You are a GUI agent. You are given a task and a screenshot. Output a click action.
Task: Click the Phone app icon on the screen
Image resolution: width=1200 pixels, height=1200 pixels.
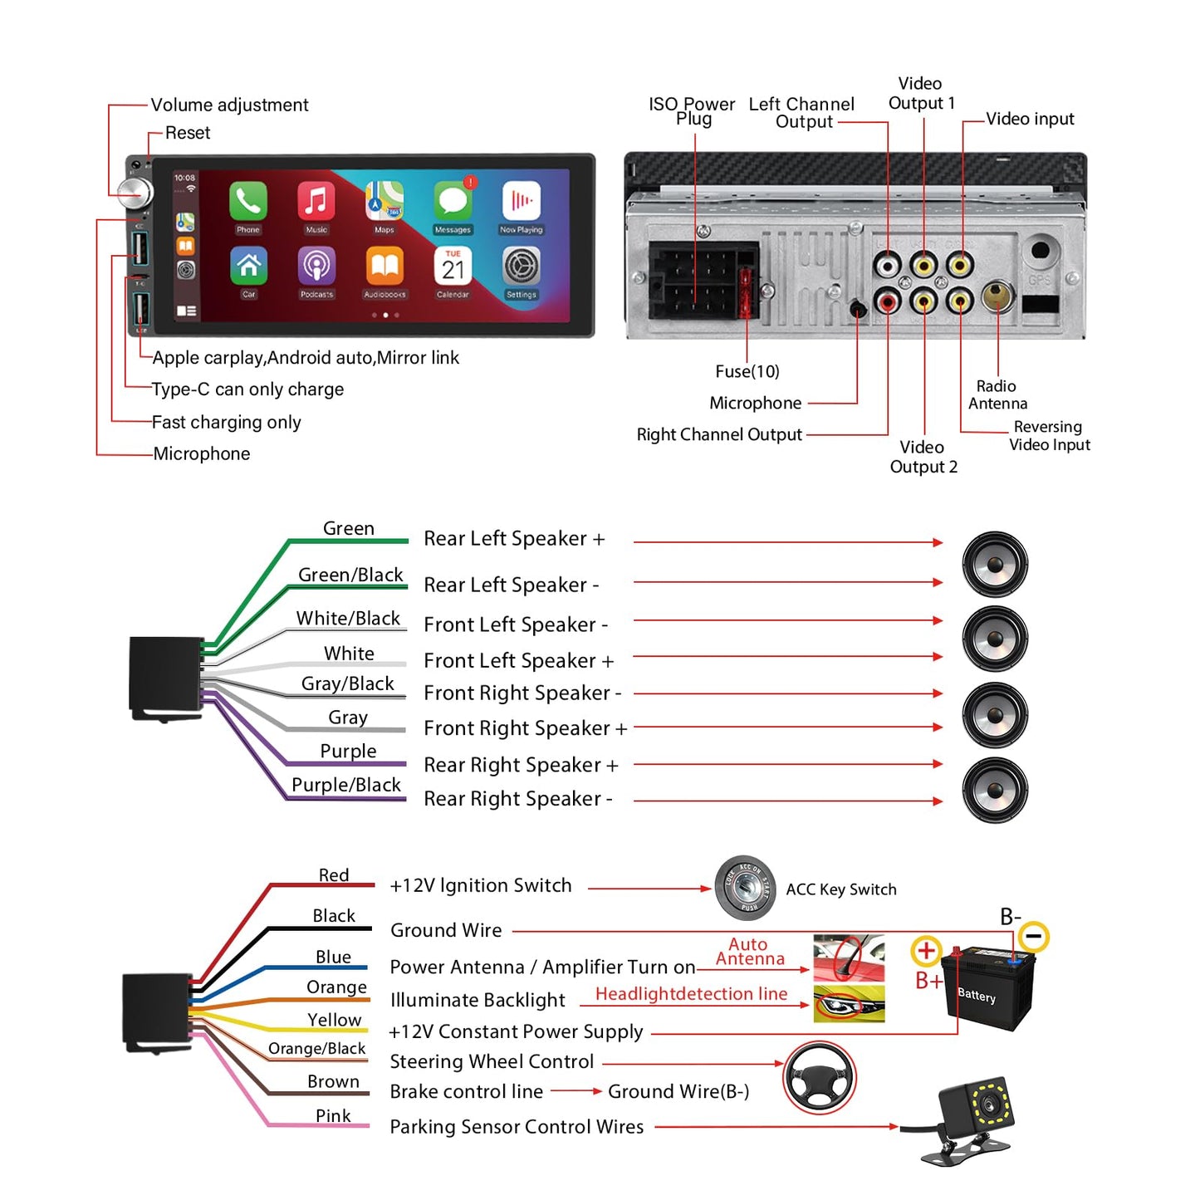point(247,201)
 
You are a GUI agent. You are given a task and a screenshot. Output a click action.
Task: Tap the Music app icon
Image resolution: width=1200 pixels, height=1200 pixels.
point(316,201)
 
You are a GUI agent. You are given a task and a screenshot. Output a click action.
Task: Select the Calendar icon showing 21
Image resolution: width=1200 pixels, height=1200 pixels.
point(453,267)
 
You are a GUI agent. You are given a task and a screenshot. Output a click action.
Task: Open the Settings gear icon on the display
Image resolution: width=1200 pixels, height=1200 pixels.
point(521,267)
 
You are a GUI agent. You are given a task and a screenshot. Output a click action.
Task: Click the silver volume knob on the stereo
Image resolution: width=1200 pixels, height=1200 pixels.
point(134,193)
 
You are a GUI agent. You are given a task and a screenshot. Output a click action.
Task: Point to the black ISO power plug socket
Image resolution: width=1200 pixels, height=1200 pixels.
point(694,281)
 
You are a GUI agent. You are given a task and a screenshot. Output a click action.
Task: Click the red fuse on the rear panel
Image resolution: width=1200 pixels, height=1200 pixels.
point(746,291)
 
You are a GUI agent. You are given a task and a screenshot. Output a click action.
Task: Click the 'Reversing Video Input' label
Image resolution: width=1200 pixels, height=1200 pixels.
point(1049,436)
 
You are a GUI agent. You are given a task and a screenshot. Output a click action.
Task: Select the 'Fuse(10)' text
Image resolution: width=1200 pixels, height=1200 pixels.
point(747,371)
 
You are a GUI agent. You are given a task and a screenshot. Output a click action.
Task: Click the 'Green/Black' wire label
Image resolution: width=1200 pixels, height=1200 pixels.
point(350,575)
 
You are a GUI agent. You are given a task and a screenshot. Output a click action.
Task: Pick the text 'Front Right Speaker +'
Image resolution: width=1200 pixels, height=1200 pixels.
point(525,728)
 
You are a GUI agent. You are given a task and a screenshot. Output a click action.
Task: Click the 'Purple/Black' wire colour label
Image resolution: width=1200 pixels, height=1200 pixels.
point(346,785)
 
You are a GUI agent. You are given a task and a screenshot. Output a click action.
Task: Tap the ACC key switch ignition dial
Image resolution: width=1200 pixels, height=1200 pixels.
point(746,888)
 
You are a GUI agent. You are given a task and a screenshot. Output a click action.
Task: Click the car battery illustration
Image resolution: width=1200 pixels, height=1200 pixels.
point(988,988)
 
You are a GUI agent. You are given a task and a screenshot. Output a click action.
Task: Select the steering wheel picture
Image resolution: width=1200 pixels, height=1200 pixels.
point(820,1077)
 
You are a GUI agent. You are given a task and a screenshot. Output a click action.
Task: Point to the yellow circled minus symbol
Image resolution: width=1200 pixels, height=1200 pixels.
point(1034,937)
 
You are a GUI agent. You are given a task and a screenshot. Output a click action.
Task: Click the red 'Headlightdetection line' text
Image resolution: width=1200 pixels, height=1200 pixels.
point(691,994)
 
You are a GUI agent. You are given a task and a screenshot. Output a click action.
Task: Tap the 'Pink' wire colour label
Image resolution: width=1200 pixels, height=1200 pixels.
point(333,1115)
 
